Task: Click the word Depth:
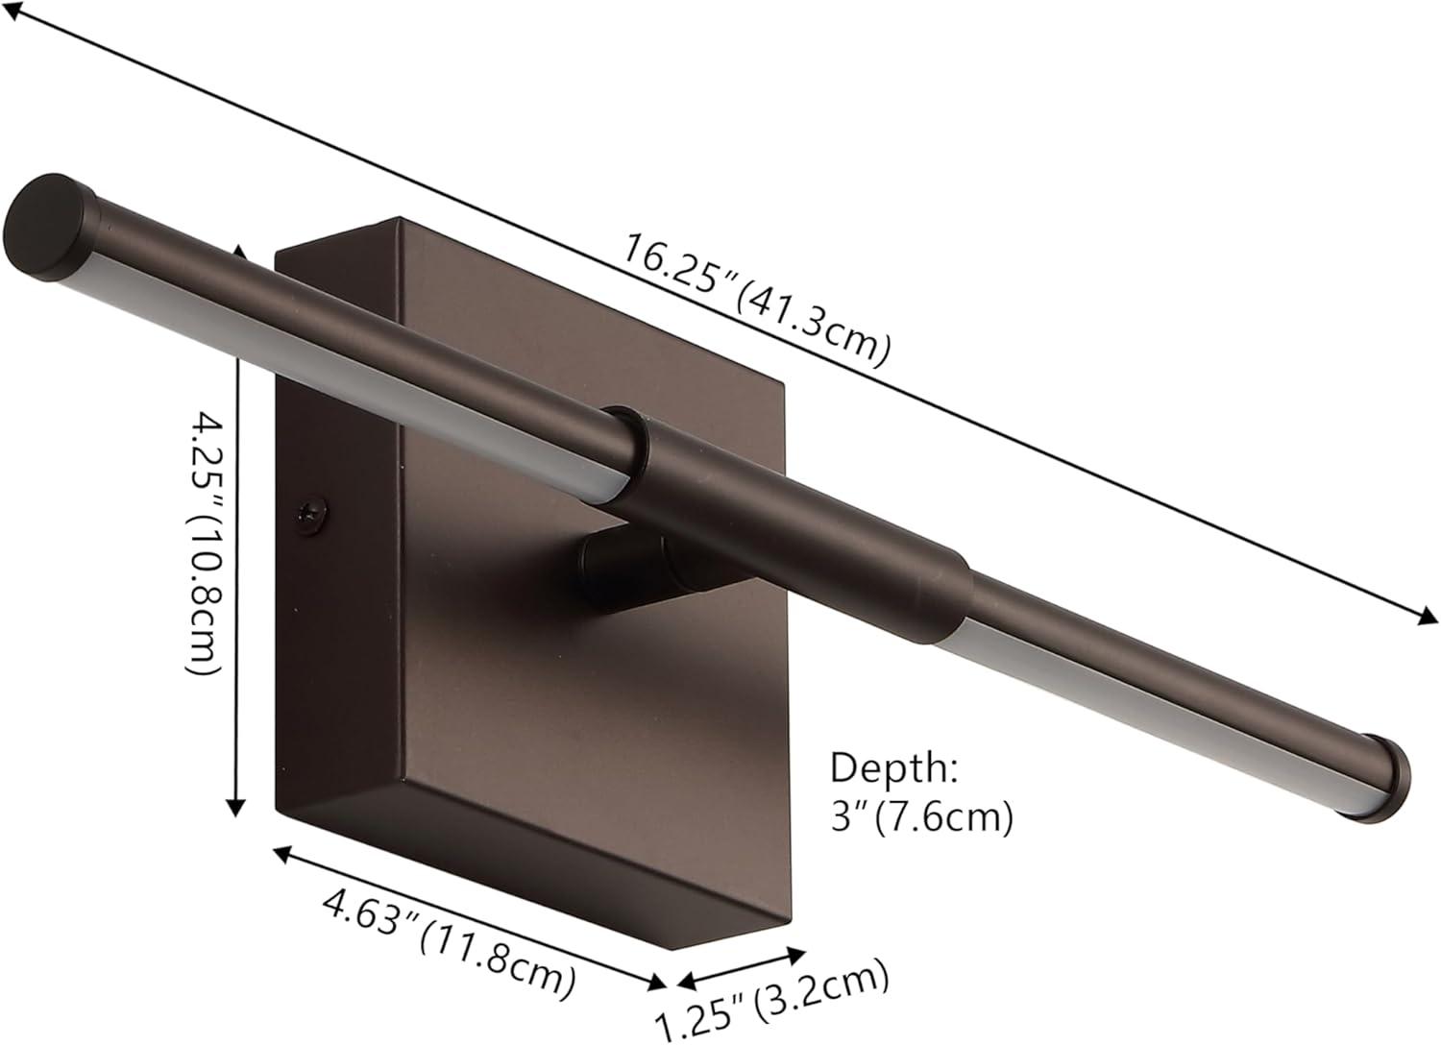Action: pos(894,767)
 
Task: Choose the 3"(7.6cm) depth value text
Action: pos(922,818)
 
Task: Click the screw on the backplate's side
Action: pos(312,515)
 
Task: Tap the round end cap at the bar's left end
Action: pos(49,227)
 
